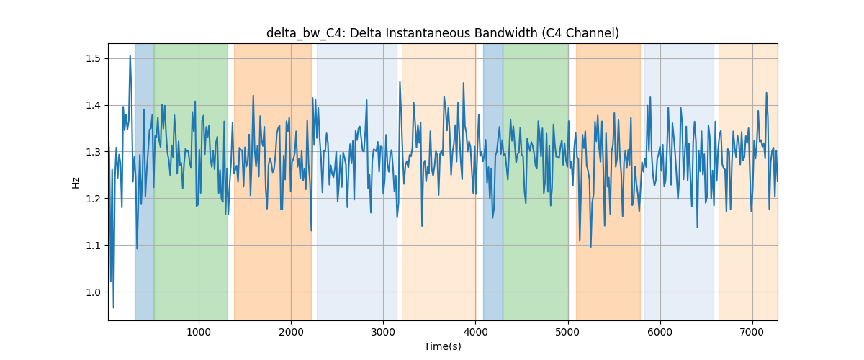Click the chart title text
[x=442, y=34]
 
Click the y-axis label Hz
[x=76, y=182]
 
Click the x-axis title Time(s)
[x=442, y=346]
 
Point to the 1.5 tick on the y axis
[x=93, y=58]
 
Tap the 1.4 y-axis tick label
[x=93, y=105]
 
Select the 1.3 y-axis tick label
[x=93, y=152]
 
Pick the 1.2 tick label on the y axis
[x=93, y=199]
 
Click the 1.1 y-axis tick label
[x=93, y=246]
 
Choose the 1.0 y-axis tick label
[x=93, y=292]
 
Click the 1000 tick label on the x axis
[x=199, y=332]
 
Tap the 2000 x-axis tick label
[x=291, y=332]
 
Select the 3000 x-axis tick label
[x=383, y=332]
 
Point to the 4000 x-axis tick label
[x=476, y=332]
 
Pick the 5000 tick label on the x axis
[x=568, y=332]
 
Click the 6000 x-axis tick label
[x=660, y=332]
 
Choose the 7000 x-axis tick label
[x=752, y=332]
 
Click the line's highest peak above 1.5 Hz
[x=130, y=56]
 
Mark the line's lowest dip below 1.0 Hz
[x=114, y=307]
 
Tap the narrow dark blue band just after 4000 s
[x=493, y=181]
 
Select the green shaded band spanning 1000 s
[x=192, y=181]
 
